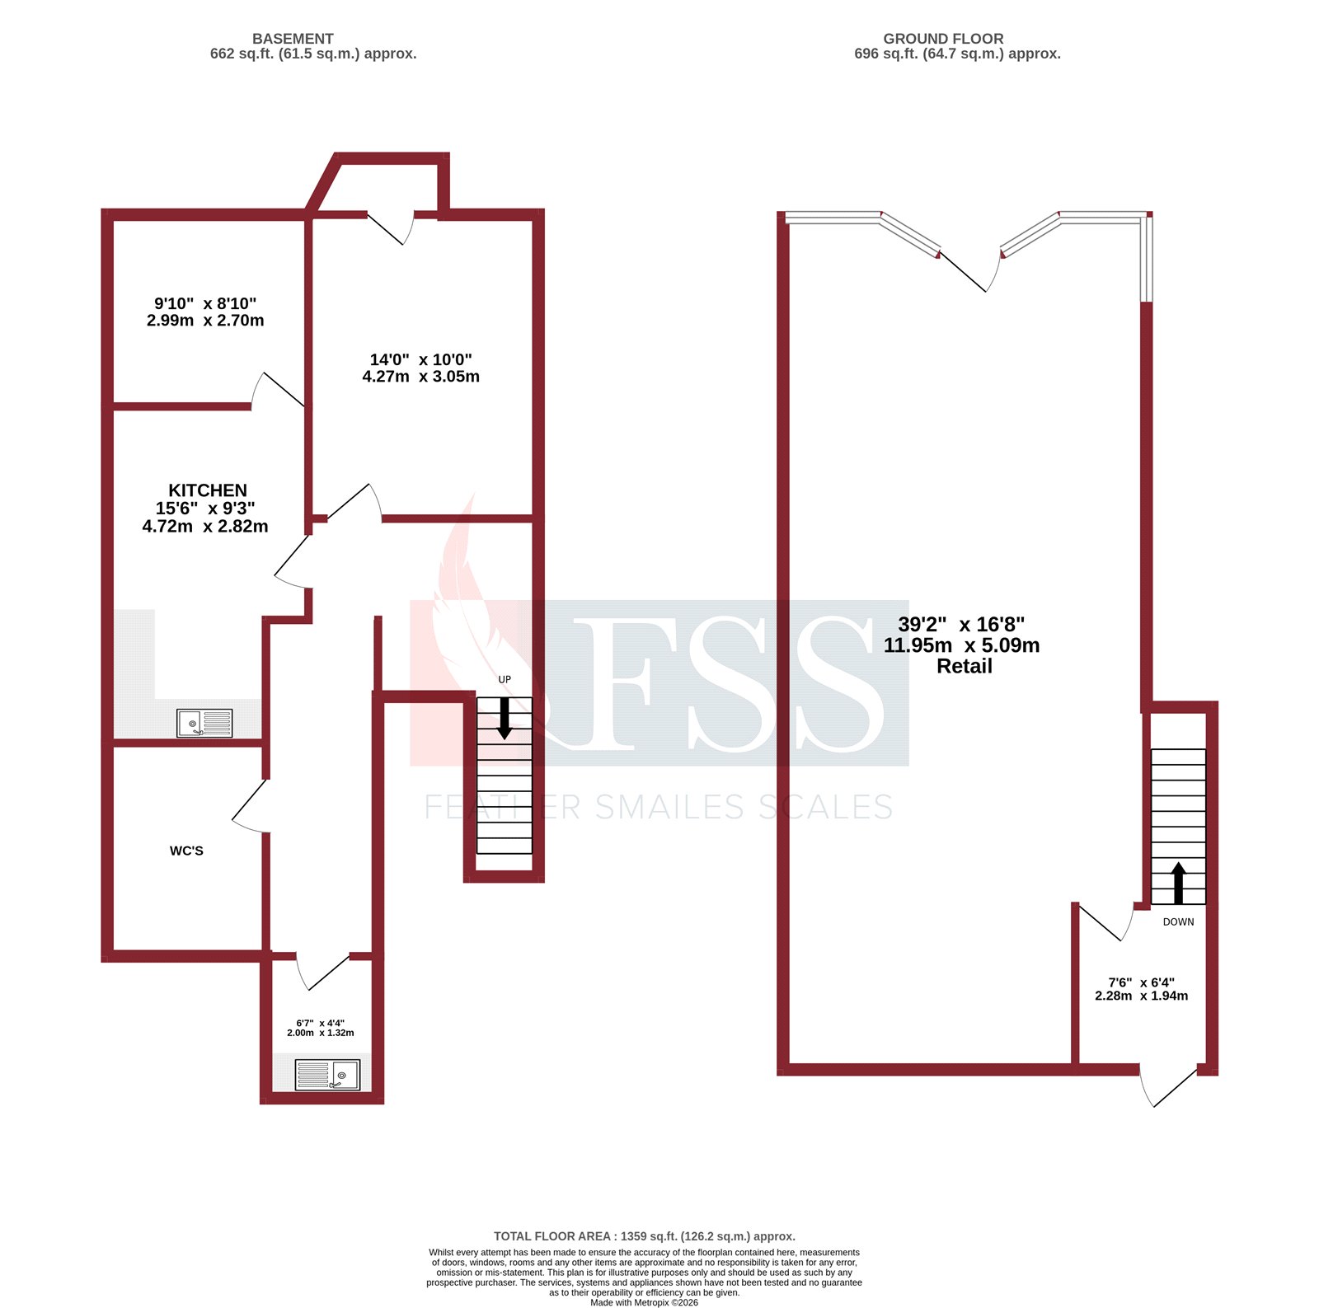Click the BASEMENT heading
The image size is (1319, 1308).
click(x=293, y=39)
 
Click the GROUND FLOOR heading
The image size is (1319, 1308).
click(x=943, y=39)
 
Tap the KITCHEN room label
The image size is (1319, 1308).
click(x=207, y=490)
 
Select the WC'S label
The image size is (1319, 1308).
click(x=186, y=851)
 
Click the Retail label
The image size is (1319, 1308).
click(x=964, y=667)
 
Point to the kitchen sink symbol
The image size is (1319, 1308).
click(x=204, y=724)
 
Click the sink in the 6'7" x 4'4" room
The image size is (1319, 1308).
click(x=327, y=1075)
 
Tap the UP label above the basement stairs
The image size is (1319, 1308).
click(x=505, y=680)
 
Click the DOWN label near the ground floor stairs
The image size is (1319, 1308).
click(x=1178, y=922)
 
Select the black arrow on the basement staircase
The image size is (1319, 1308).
click(x=505, y=718)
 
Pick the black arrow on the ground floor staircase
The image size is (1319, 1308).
click(x=1178, y=882)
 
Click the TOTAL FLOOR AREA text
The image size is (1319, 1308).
click(x=644, y=1236)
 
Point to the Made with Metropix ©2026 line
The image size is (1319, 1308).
click(x=644, y=1302)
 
